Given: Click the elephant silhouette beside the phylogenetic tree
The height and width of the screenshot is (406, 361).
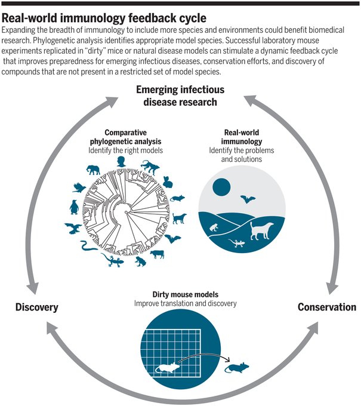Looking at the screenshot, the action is (93, 170).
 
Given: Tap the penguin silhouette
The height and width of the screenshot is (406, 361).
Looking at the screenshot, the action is (74, 207).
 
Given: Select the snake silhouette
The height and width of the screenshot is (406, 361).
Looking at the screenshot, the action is (88, 246).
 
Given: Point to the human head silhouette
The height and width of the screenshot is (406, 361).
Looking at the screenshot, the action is (121, 162).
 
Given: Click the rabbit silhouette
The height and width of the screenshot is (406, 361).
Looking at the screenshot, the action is (168, 182).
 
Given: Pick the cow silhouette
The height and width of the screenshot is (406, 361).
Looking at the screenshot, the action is (157, 254).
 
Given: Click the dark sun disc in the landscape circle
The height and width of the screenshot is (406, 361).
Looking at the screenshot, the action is (221, 187).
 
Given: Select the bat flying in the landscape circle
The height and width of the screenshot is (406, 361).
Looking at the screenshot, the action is (248, 199).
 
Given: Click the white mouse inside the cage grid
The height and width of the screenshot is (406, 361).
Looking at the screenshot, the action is (167, 367).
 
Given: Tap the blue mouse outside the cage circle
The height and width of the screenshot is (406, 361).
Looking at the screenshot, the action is (236, 367).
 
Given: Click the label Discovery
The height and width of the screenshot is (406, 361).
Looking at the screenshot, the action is (37, 307).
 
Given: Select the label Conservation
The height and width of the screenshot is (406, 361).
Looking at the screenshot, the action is (327, 307).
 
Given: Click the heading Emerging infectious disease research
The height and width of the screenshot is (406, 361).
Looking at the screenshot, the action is (180, 96).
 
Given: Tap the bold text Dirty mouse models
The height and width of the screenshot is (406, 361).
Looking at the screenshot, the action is (186, 294).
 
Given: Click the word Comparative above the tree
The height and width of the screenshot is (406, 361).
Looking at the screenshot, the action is (125, 133).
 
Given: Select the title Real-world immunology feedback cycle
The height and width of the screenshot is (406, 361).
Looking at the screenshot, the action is (104, 18).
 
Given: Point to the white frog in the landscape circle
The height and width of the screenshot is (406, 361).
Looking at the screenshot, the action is (214, 227).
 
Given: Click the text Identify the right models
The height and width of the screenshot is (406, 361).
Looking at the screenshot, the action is (125, 150).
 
